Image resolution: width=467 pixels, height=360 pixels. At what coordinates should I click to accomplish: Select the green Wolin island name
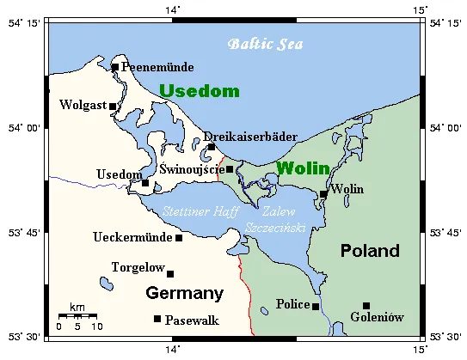point(301,168)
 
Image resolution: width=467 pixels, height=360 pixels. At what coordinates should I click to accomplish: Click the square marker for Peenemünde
point(114,67)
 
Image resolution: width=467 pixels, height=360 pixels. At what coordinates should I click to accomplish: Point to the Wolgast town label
point(82,106)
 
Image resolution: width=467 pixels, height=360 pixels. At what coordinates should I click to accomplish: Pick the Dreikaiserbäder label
point(250,136)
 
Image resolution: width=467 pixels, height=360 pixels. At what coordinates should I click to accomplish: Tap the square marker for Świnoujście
point(230,169)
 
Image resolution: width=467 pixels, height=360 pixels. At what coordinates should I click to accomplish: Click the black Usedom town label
point(118,174)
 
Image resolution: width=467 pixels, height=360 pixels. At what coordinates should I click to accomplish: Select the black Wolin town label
point(347,189)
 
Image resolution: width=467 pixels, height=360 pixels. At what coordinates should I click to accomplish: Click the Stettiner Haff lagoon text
point(201,211)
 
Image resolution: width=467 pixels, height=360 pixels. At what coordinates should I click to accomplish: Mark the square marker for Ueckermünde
point(179,238)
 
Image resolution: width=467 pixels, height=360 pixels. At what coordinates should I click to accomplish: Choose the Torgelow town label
point(138,268)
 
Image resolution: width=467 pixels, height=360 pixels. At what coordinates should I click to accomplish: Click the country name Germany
point(184,294)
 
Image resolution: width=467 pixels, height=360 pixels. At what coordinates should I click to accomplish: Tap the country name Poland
point(370,251)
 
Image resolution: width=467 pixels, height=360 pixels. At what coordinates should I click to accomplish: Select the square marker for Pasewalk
point(157,319)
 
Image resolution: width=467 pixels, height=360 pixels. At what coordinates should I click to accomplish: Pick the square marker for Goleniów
point(366,305)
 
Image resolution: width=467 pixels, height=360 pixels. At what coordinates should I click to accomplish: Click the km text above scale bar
point(77,307)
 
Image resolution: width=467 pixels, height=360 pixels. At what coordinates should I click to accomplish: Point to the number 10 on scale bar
point(96,326)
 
